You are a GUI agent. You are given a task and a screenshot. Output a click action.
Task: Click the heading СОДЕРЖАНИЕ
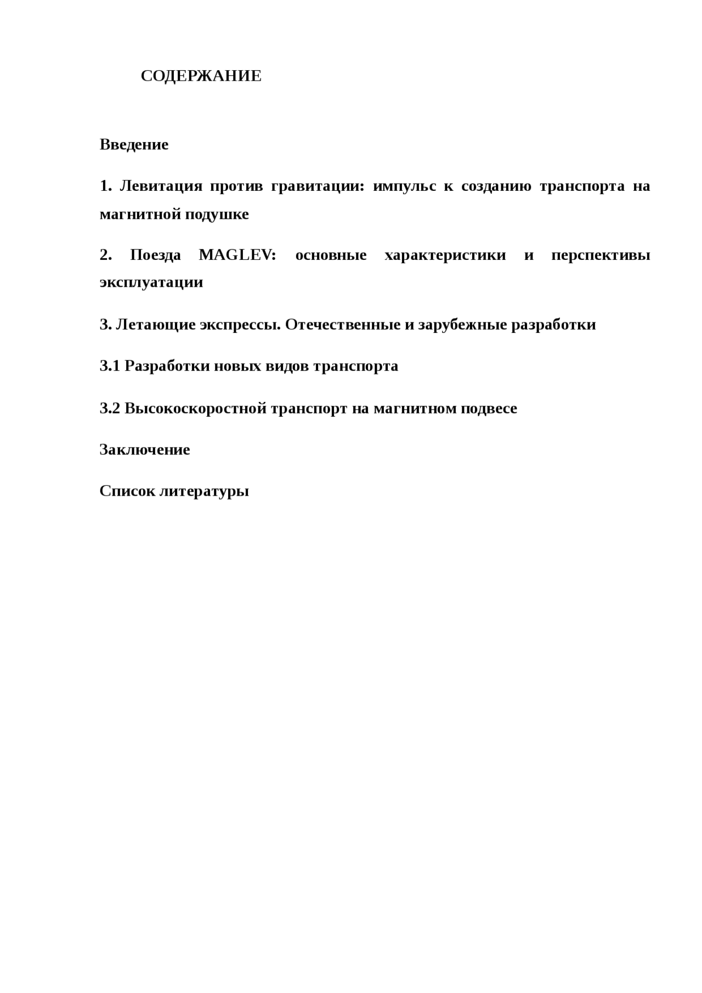tap(201, 76)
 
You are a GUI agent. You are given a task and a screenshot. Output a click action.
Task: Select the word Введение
tap(134, 145)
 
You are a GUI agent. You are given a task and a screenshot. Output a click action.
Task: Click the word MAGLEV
tap(237, 256)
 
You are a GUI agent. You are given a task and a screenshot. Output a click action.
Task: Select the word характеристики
tap(445, 256)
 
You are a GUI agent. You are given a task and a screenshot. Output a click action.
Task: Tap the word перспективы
tap(601, 256)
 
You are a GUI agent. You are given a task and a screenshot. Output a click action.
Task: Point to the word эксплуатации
tap(151, 282)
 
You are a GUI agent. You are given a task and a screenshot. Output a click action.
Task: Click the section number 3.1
tap(110, 366)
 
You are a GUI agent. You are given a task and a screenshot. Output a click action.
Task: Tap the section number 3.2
tap(110, 408)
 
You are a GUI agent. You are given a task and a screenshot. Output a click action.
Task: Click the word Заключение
tap(145, 450)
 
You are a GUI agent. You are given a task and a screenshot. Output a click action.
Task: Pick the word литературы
tap(204, 491)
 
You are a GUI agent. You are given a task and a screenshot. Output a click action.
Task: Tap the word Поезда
tap(155, 256)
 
